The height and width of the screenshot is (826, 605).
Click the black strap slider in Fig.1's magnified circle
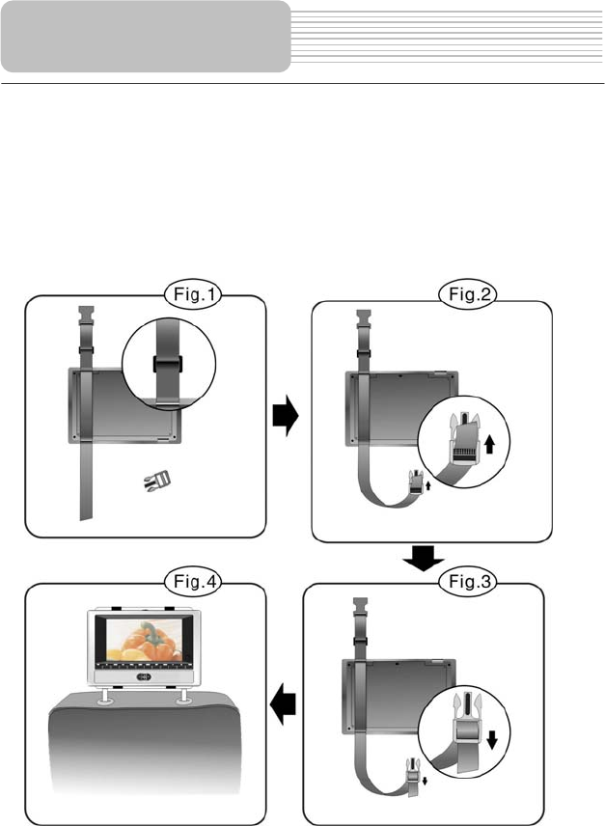168,364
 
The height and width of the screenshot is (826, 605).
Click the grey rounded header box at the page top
145,37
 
